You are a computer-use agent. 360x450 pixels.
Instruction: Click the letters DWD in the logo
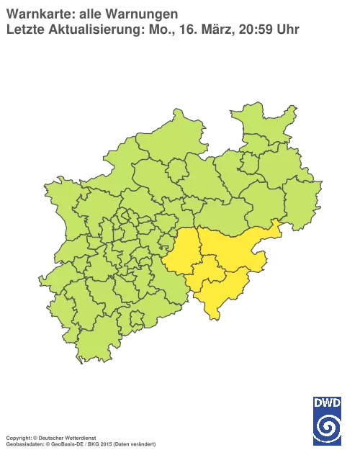click(327, 402)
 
